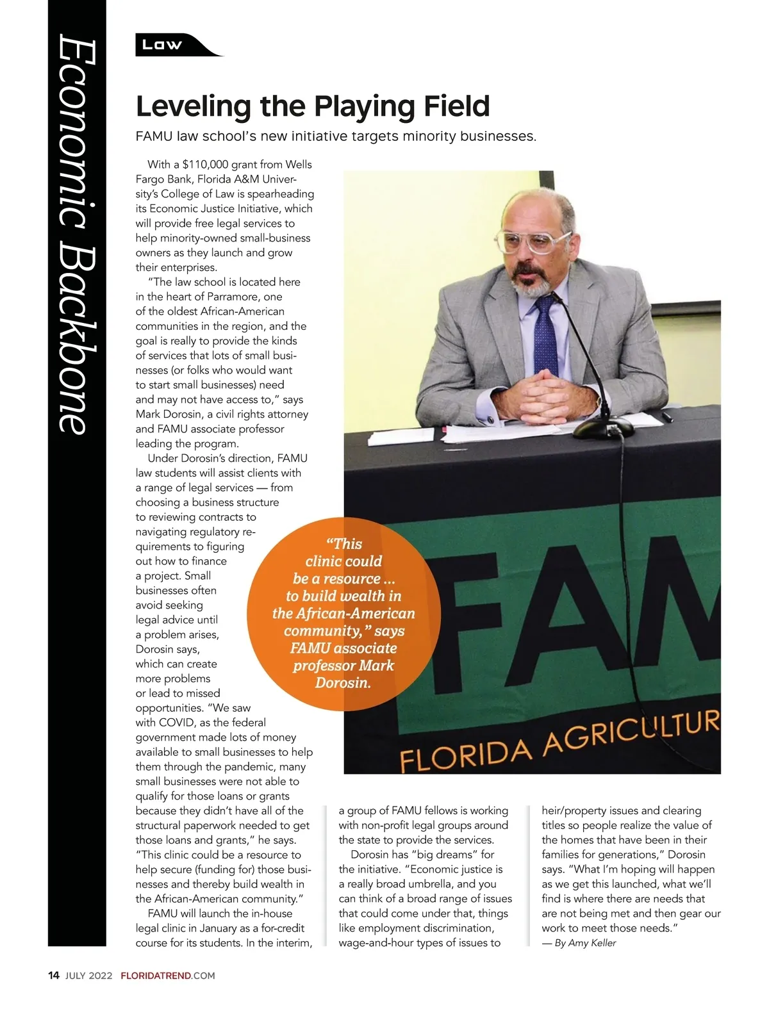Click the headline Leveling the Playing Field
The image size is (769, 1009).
(x=313, y=106)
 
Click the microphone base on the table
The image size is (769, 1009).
(x=603, y=428)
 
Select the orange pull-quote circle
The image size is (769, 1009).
(x=343, y=613)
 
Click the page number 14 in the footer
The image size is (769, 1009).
(x=54, y=976)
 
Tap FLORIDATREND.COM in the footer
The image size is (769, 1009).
(x=168, y=976)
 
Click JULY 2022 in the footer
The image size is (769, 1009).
(x=89, y=976)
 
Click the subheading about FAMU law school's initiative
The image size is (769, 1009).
(x=336, y=136)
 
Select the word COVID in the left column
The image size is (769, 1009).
(x=176, y=723)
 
